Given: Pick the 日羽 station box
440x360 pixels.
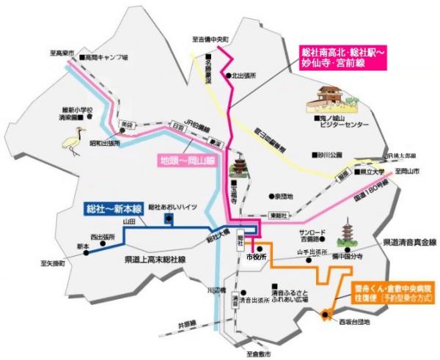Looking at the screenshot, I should click(179, 126).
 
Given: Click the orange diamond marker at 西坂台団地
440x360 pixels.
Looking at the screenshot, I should click(326, 316).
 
